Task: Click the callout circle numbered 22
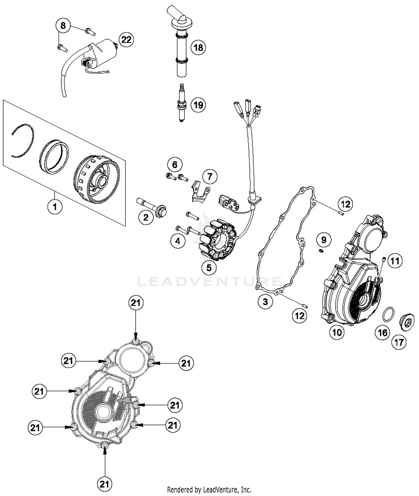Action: point(126,40)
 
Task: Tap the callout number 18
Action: point(198,47)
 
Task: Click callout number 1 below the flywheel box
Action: point(55,207)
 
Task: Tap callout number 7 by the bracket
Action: point(209,176)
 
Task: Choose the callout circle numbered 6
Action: point(175,165)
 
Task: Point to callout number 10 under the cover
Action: point(337,332)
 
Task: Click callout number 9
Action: point(324,239)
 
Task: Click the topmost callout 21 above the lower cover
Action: point(136,303)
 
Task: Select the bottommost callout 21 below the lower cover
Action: point(104,484)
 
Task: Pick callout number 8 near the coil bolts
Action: point(63,26)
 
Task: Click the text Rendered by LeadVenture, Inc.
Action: point(209,490)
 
